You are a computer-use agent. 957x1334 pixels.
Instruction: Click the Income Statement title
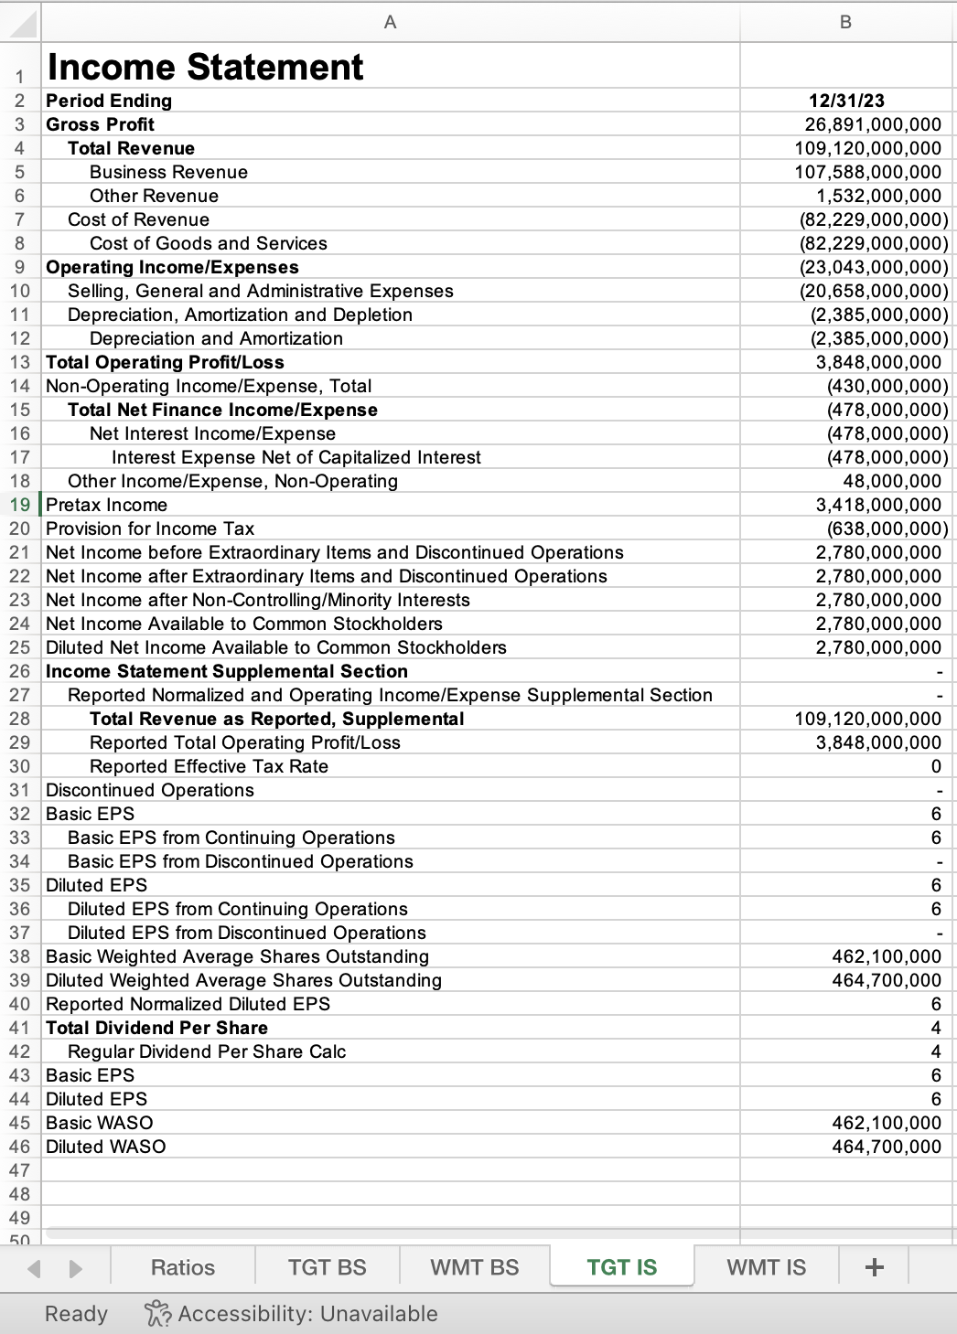point(205,67)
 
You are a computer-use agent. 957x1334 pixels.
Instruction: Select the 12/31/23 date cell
point(846,101)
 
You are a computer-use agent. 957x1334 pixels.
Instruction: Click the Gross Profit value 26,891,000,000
point(872,124)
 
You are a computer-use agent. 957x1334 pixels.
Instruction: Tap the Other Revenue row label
point(154,196)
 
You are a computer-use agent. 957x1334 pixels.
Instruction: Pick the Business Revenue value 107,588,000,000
point(866,172)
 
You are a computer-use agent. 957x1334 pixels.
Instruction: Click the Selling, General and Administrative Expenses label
point(260,291)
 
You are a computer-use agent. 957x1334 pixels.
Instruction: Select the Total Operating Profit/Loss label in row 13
point(165,362)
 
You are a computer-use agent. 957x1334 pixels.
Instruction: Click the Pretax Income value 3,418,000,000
point(877,505)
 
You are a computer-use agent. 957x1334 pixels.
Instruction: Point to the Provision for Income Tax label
point(150,528)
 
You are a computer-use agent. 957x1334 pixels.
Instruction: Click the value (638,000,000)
point(887,528)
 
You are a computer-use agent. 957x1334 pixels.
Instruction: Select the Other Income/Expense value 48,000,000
point(891,481)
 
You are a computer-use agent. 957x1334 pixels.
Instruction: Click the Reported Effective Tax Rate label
point(209,766)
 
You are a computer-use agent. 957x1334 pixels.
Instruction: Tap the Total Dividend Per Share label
point(156,1028)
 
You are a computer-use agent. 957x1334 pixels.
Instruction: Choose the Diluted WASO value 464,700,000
point(886,1147)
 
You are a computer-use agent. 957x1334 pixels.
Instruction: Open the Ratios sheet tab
point(182,1267)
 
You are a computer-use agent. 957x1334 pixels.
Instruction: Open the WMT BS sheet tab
point(474,1267)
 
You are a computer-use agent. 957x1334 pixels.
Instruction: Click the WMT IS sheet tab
point(766,1267)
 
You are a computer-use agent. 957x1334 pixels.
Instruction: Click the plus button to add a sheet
point(874,1267)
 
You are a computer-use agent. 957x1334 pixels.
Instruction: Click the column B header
point(845,22)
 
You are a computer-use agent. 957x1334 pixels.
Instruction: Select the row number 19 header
point(19,505)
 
